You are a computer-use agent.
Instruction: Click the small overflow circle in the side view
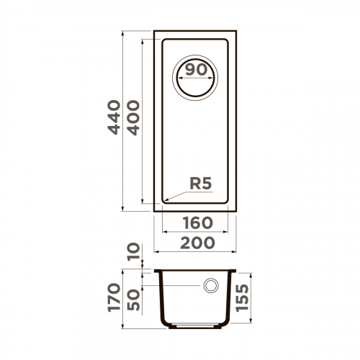point(212,286)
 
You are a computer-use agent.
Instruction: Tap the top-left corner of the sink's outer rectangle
point(154,31)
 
